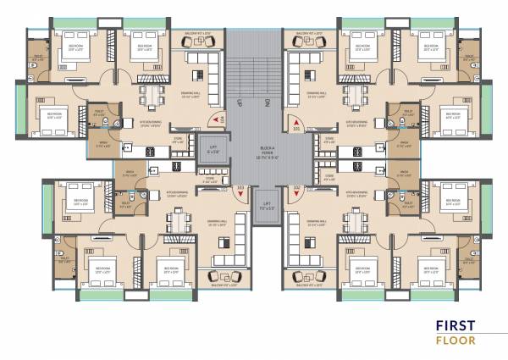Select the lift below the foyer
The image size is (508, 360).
coord(267,206)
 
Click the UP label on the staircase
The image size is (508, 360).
coord(240,102)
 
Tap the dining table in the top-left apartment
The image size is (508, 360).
coord(152,94)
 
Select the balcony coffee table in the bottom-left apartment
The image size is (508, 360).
coord(213,276)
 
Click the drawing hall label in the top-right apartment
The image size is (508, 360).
coord(317,97)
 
